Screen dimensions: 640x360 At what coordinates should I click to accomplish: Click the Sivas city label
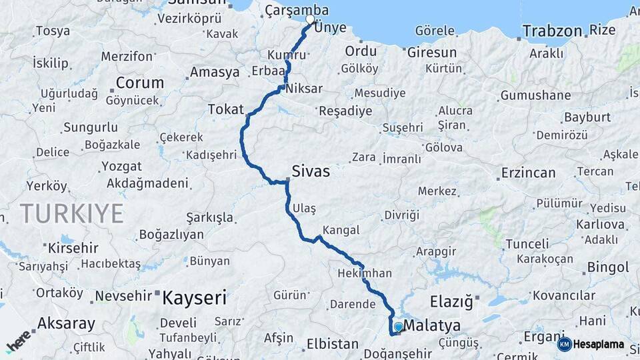[311, 171]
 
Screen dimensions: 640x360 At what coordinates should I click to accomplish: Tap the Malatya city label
[433, 326]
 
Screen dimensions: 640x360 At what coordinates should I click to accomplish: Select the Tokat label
[226, 109]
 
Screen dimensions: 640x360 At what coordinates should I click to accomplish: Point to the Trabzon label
[553, 31]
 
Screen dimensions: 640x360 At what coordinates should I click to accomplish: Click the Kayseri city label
[195, 297]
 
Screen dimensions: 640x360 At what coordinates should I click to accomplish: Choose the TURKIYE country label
[71, 214]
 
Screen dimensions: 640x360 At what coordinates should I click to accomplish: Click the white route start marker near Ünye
[310, 19]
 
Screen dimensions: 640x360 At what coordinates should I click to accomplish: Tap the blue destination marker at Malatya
[398, 327]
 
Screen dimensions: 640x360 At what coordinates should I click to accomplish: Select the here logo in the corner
[18, 341]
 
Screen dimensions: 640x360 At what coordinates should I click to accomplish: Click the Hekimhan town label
[365, 273]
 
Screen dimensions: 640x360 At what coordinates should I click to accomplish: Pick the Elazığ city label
[451, 301]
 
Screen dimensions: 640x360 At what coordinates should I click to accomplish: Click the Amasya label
[215, 72]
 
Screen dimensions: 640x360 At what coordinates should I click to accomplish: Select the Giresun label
[432, 52]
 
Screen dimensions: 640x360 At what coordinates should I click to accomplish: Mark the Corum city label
[140, 83]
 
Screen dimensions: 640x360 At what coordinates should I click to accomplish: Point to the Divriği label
[401, 215]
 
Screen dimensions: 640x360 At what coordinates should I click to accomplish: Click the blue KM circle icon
[565, 345]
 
